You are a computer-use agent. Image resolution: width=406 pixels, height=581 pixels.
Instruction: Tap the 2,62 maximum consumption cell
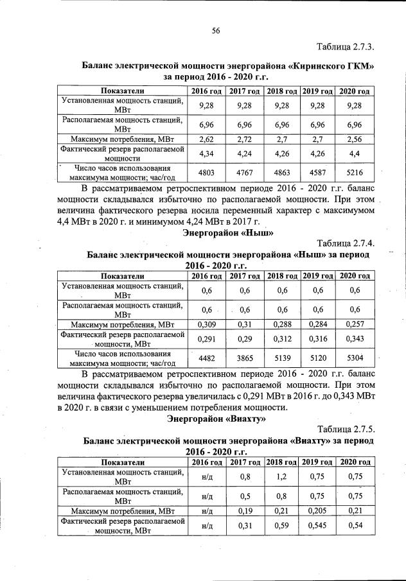206,138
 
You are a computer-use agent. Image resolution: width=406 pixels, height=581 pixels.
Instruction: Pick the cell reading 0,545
317,526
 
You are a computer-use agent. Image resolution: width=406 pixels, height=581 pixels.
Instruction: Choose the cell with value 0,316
317,338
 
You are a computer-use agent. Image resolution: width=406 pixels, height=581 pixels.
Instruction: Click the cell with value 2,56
354,138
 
